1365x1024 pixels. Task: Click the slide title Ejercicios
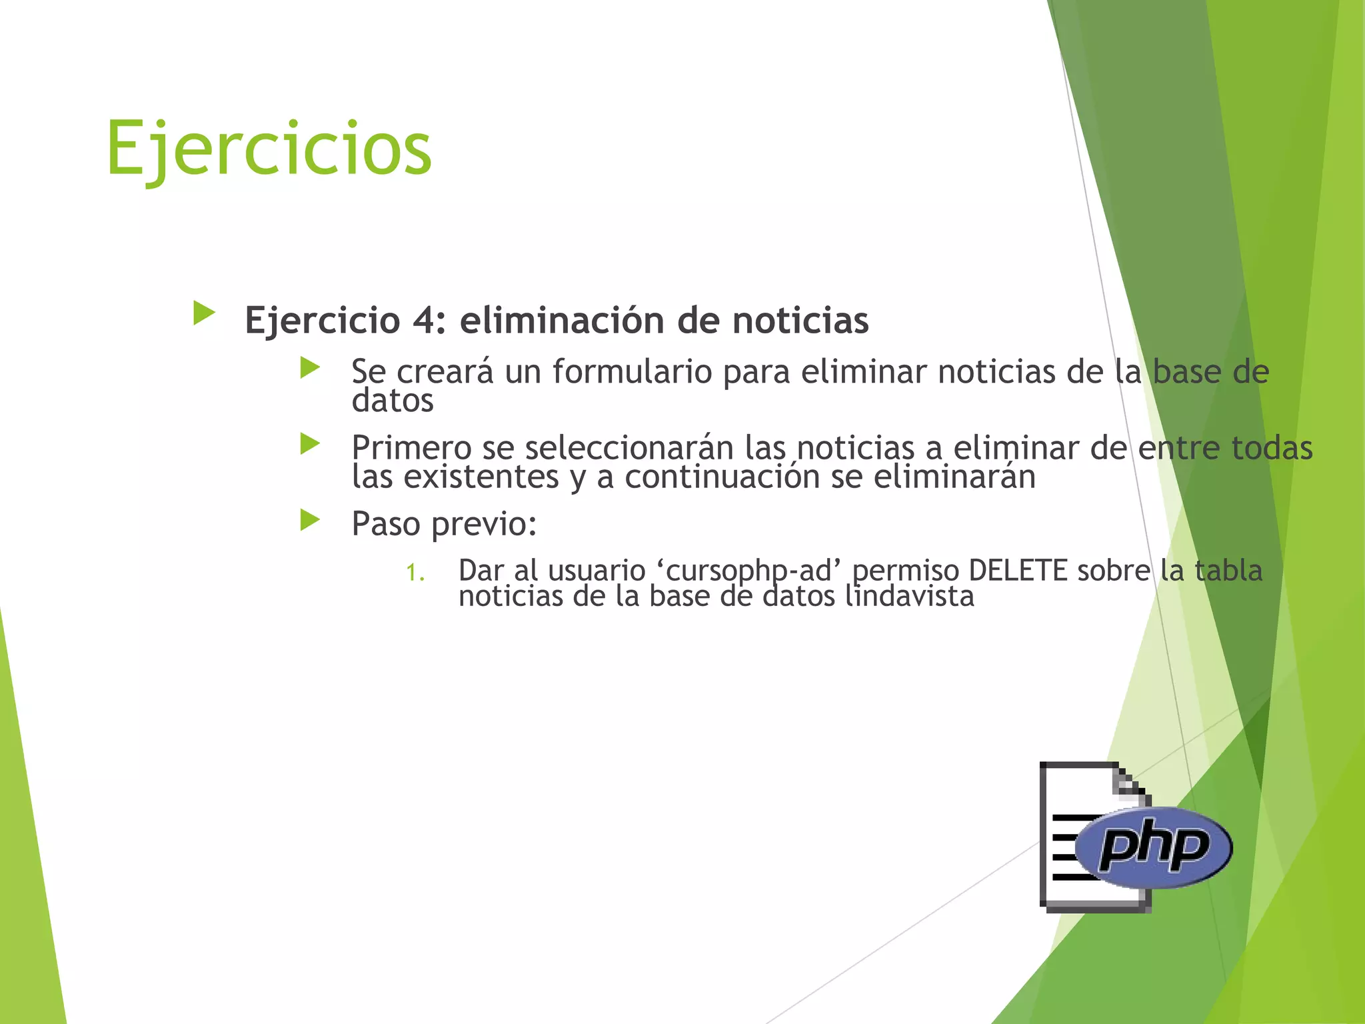coord(269,148)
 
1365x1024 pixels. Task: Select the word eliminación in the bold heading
coord(562,321)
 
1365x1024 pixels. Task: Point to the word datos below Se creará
coord(393,401)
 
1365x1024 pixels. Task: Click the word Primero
coord(411,448)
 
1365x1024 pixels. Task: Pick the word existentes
coord(481,477)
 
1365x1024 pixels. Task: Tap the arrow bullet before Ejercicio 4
coord(204,313)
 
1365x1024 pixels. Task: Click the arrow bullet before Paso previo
coord(310,520)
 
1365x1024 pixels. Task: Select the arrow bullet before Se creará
coord(310,367)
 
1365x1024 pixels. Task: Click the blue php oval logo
coord(1154,847)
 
